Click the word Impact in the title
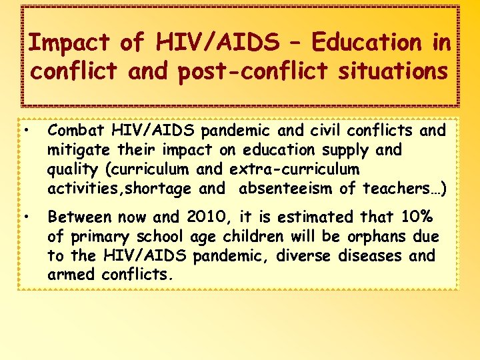pyautogui.click(x=69, y=43)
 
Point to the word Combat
pyautogui.click(x=75, y=129)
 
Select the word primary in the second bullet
pyautogui.click(x=107, y=237)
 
